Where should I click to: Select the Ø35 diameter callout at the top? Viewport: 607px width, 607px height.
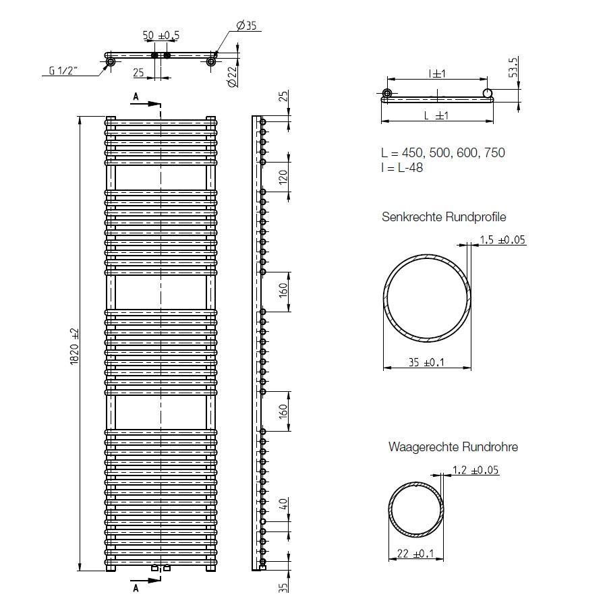pyautogui.click(x=248, y=26)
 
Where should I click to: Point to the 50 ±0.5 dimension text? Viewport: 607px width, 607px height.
pyautogui.click(x=161, y=35)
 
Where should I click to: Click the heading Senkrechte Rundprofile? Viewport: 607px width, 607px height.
pyautogui.click(x=443, y=217)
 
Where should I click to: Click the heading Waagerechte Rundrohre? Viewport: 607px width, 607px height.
pyautogui.click(x=453, y=446)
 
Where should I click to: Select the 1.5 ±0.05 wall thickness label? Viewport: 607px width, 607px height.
pyautogui.click(x=502, y=239)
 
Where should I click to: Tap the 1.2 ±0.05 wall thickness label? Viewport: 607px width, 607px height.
pyautogui.click(x=475, y=470)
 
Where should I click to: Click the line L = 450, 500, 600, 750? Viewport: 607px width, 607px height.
pyautogui.click(x=442, y=153)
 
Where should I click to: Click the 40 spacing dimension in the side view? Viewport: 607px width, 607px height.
pyautogui.click(x=283, y=504)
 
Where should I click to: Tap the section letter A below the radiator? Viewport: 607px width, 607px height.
pyautogui.click(x=135, y=588)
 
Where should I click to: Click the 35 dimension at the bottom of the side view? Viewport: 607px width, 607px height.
pyautogui.click(x=283, y=587)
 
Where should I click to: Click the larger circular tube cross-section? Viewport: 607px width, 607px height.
pyautogui.click(x=427, y=299)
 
